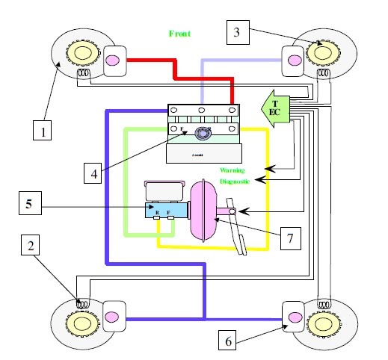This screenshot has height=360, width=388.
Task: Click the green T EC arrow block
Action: coord(274,109)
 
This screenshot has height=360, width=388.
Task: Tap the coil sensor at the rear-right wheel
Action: coord(324,305)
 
